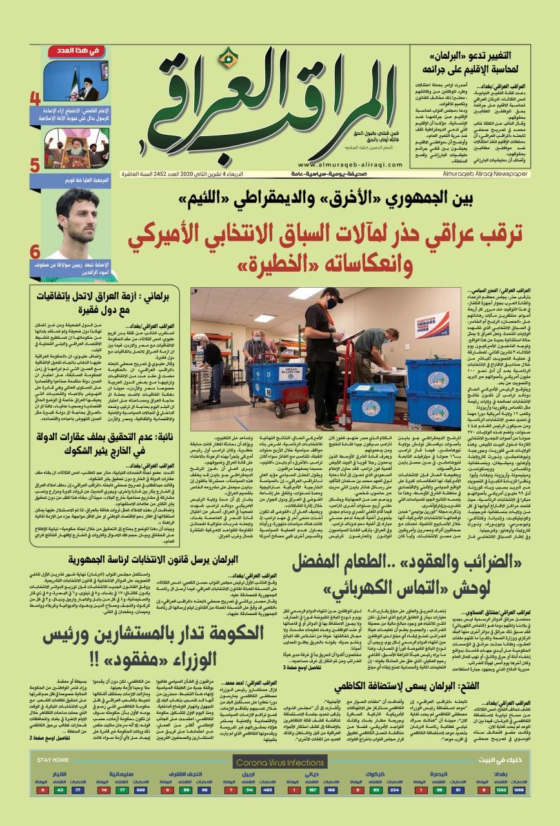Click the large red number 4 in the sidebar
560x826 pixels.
[35, 99]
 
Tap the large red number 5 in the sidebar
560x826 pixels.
[35, 165]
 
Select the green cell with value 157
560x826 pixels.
[314, 789]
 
